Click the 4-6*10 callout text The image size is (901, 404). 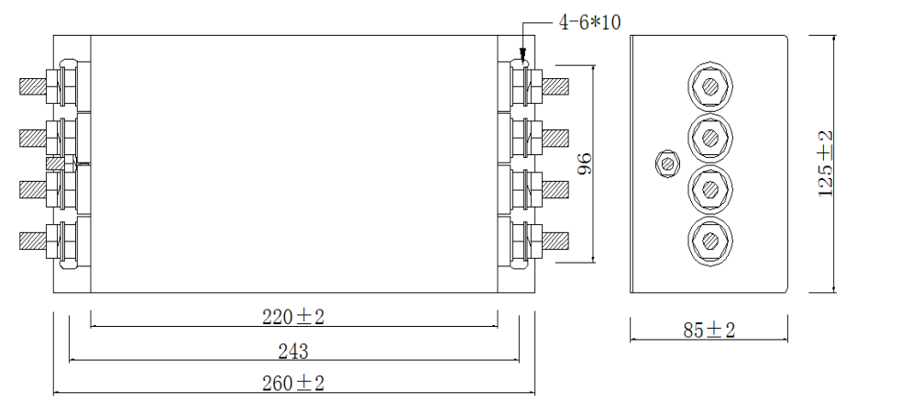click(589, 22)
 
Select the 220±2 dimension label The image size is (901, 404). click(294, 317)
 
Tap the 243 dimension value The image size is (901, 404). click(293, 351)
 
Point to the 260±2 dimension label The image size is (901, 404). click(293, 383)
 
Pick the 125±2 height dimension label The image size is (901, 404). click(825, 163)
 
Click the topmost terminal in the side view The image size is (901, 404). click(709, 87)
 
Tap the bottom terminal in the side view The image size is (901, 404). click(709, 241)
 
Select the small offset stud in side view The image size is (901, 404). click(667, 164)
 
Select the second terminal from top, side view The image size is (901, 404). click(709, 138)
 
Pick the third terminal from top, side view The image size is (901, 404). click(709, 189)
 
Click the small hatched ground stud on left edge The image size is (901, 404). click(56, 164)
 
